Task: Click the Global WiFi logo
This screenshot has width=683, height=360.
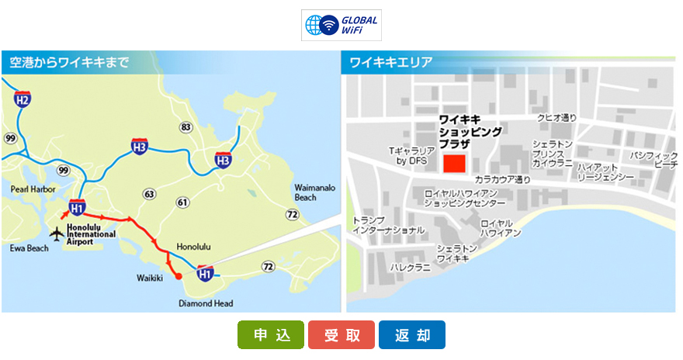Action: [341, 25]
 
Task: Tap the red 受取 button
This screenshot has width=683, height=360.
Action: [341, 335]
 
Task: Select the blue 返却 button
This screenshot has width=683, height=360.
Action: [412, 335]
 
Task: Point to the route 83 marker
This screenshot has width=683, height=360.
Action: [185, 126]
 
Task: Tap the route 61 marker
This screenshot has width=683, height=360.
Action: [183, 202]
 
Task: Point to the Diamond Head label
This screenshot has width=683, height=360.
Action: [206, 303]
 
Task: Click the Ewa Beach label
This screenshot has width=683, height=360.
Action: [29, 248]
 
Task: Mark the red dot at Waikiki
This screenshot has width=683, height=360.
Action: [179, 275]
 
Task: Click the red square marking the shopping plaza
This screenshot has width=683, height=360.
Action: [454, 164]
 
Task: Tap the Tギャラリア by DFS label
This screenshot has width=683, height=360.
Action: [411, 156]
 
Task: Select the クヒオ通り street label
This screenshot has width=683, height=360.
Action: [557, 118]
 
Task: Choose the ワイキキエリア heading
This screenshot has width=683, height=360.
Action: [391, 63]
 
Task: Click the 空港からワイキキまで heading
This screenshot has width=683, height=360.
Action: [70, 63]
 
